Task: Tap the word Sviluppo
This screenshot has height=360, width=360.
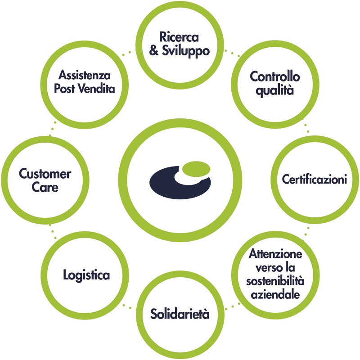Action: point(185,50)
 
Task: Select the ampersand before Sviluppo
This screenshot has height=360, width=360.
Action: point(154,50)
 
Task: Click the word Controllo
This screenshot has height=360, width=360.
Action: point(275,76)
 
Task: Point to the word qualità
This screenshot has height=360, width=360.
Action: point(275,90)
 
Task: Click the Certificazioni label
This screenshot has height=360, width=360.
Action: point(314,180)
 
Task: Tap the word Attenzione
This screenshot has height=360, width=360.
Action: point(275,254)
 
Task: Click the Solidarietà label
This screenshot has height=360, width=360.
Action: point(180,314)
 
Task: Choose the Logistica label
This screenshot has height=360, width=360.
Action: point(86,275)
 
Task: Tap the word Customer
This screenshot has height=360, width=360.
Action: point(45,174)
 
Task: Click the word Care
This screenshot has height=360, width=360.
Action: point(45,187)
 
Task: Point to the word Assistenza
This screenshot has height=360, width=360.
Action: point(85,75)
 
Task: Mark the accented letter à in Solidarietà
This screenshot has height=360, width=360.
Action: point(206,314)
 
